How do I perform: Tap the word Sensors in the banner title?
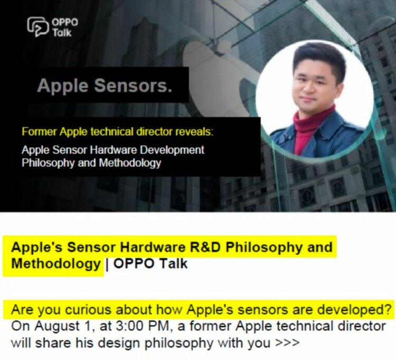143,86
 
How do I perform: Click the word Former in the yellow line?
37,131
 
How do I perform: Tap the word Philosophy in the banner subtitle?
46,163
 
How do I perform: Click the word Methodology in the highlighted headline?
56,263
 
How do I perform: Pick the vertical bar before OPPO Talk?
107,263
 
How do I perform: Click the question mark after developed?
389,309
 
